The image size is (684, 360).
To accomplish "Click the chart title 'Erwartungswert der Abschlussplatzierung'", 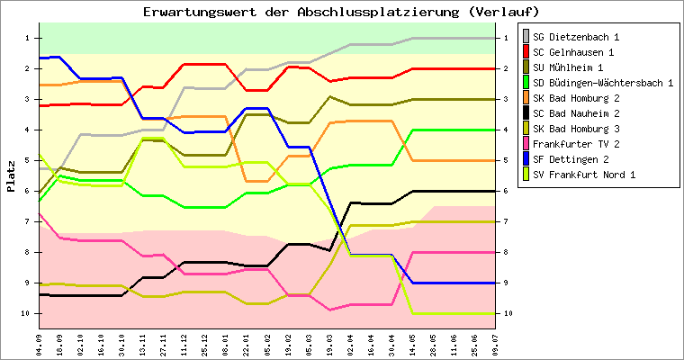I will [x=341, y=12].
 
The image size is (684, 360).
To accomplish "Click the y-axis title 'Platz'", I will [x=11, y=176].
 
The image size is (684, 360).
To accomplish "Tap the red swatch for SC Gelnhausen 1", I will [x=524, y=53].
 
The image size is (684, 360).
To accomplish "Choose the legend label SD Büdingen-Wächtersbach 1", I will [x=603, y=84].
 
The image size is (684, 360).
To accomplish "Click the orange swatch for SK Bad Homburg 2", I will [x=524, y=99].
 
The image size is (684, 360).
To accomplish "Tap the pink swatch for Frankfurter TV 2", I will [x=524, y=144].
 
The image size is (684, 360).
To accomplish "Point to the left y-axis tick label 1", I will [x=28, y=38].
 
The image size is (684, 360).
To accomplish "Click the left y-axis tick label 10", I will [x=26, y=313].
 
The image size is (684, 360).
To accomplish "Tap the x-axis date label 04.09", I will [x=40, y=343].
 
